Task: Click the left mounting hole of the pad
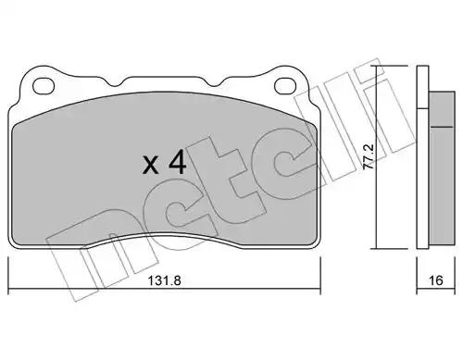(x=44, y=86)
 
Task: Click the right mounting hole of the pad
(x=286, y=86)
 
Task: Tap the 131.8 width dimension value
(x=164, y=280)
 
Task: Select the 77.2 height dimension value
(x=369, y=156)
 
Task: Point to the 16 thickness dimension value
(x=436, y=280)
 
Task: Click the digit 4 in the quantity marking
(x=177, y=162)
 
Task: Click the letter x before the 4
(x=151, y=165)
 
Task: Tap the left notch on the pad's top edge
(x=116, y=82)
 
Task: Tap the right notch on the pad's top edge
(x=214, y=82)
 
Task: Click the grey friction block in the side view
(x=442, y=168)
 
